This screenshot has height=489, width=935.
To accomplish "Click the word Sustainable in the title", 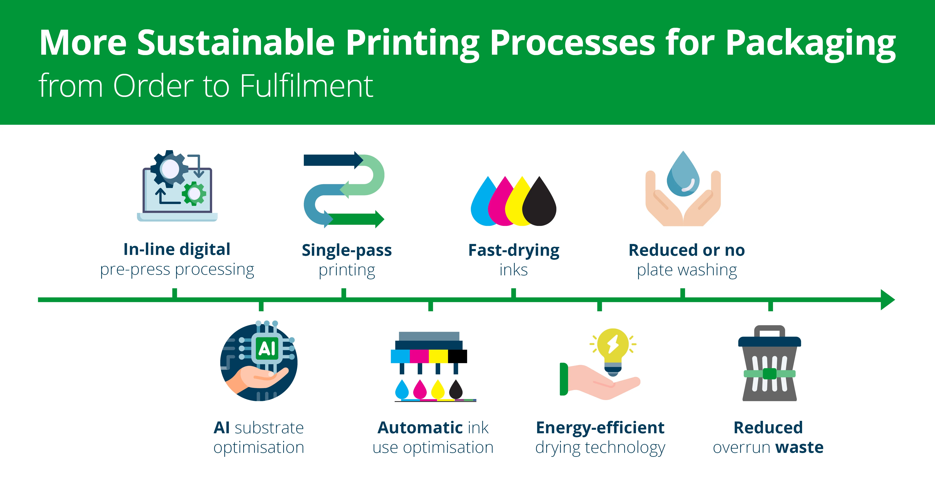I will tap(236, 43).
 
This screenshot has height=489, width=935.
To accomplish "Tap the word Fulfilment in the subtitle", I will tap(307, 86).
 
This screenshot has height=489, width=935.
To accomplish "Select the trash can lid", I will tap(769, 341).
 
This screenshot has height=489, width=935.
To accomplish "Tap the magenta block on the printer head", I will tap(419, 356).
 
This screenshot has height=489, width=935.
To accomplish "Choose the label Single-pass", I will tap(347, 250).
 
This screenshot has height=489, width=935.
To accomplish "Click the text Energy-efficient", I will tap(600, 428).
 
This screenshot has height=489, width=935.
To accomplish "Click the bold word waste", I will tap(799, 448).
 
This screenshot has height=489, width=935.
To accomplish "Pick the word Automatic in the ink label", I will tap(419, 428).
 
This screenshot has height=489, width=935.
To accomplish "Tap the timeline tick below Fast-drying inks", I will tap(513, 293).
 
